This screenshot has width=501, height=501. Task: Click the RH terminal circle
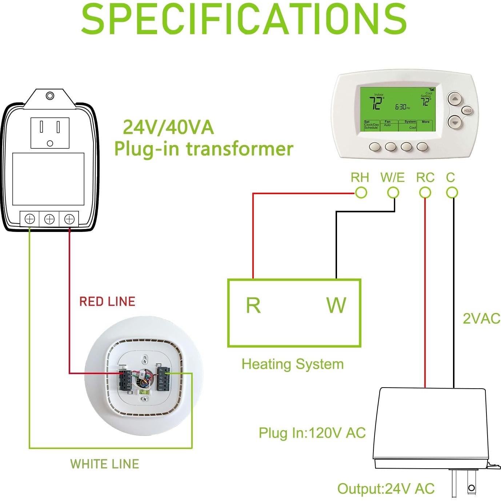tap(361, 193)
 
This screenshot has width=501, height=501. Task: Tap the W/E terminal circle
tap(393, 193)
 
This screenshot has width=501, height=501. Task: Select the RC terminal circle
tap(425, 193)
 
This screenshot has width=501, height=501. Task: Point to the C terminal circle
tap(452, 193)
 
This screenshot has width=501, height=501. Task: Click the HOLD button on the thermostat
tap(467, 111)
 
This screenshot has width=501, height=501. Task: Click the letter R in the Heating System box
tap(253, 305)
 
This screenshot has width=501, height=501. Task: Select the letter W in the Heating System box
tap(336, 305)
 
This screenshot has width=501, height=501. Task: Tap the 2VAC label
tap(481, 318)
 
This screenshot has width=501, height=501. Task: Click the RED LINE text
tap(107, 301)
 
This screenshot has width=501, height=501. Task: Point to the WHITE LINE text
tap(105, 464)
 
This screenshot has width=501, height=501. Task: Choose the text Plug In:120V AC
tap(312, 433)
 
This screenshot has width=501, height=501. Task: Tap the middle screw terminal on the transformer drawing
tap(49, 219)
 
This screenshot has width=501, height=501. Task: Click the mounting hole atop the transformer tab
tap(50, 96)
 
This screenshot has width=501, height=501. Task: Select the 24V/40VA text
tap(168, 127)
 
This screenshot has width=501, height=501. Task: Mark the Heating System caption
tap(293, 364)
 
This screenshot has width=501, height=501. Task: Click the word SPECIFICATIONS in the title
tap(244, 19)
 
